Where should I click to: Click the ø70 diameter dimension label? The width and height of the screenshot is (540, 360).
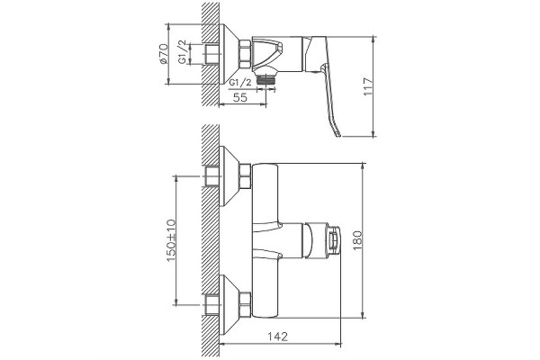164,53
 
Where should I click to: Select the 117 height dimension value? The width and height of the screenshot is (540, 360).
368,86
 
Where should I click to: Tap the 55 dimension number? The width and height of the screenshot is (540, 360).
240,97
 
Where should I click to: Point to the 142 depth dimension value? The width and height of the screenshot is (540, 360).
277,337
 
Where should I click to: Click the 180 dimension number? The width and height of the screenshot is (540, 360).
357,240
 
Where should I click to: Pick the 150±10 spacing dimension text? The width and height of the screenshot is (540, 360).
171,240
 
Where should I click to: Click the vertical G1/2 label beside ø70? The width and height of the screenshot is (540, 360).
182,51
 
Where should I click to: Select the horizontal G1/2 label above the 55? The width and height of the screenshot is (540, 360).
240,83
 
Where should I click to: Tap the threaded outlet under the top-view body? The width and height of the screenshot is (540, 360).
265,79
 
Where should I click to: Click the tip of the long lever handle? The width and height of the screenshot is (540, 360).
339,135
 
